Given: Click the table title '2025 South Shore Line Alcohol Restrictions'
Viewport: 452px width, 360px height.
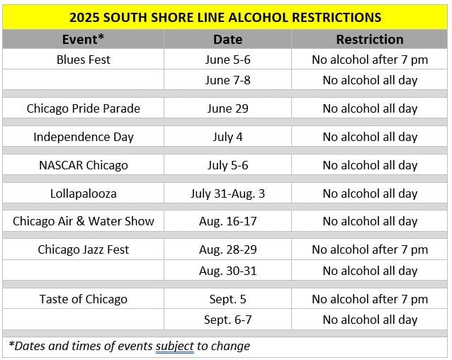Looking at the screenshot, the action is click(225, 17).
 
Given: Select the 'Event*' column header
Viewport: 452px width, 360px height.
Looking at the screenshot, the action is click(83, 40).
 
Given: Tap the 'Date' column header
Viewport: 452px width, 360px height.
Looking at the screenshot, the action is click(227, 40).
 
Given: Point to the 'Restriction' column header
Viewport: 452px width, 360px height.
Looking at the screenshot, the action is click(370, 40).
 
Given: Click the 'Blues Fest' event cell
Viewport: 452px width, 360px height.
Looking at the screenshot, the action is click(84, 60).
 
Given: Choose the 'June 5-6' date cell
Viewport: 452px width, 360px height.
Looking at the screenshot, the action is click(227, 60).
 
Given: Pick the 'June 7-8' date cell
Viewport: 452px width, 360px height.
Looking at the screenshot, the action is click(227, 80).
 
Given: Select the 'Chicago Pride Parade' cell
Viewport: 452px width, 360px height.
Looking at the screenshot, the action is click(84, 108).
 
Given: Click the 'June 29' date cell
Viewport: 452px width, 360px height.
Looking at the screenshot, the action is click(227, 108).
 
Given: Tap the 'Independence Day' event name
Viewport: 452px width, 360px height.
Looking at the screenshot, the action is click(84, 137).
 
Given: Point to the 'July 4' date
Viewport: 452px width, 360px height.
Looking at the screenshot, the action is click(227, 137).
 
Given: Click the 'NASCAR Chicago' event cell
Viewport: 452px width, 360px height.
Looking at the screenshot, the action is click(84, 165).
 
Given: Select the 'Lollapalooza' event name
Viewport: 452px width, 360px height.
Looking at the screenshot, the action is click(84, 193).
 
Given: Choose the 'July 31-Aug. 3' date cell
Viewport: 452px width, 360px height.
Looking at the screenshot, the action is click(227, 193).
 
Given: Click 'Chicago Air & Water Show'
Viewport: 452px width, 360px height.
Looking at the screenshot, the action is click(84, 221).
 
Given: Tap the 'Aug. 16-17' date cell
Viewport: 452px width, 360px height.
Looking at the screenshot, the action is click(227, 221).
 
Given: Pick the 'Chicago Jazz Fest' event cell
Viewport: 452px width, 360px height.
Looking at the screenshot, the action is click(84, 249).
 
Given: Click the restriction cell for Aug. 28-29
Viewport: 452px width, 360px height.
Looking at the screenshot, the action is click(370, 249).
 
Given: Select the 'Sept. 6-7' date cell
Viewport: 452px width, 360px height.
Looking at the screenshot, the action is click(227, 320).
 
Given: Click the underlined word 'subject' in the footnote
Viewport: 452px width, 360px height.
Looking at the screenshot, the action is click(175, 346).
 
